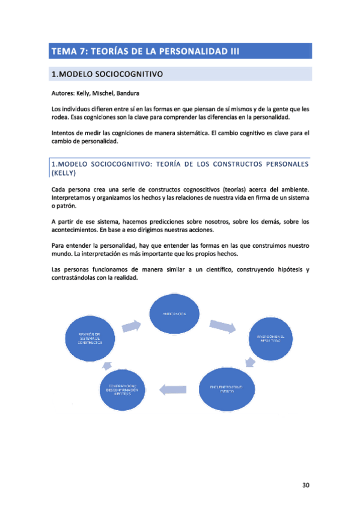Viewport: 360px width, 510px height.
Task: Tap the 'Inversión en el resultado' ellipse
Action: click(x=273, y=339)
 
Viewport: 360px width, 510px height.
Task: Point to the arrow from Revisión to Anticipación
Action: click(x=132, y=326)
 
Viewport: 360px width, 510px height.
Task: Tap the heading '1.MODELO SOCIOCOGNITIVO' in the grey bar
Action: click(x=108, y=75)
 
